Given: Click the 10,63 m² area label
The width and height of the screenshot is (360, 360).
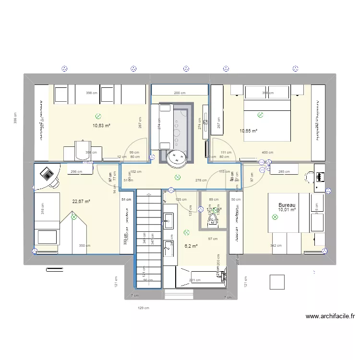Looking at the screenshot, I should pos(102,126).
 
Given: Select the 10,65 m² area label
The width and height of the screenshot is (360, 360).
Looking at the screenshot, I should pos(249,131).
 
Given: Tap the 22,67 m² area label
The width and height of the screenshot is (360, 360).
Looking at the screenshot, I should pos(82,202).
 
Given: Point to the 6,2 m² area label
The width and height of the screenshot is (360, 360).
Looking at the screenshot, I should pos(191,245).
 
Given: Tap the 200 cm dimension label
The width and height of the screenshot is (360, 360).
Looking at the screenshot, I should pos(180,93).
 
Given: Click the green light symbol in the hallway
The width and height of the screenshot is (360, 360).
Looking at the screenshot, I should pos(178,177).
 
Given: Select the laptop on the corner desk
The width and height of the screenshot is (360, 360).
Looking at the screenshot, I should pos(47,173).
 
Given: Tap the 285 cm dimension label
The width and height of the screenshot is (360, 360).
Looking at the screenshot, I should pos(284,171).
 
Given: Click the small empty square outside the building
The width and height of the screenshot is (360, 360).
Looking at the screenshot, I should pos(276,282).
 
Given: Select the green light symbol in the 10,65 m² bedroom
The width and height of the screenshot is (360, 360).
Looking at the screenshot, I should pos(260,115).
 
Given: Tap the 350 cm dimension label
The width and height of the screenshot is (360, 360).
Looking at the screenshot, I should pos(84,246).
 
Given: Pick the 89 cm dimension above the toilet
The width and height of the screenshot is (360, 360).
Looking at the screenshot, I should pos(214,199).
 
